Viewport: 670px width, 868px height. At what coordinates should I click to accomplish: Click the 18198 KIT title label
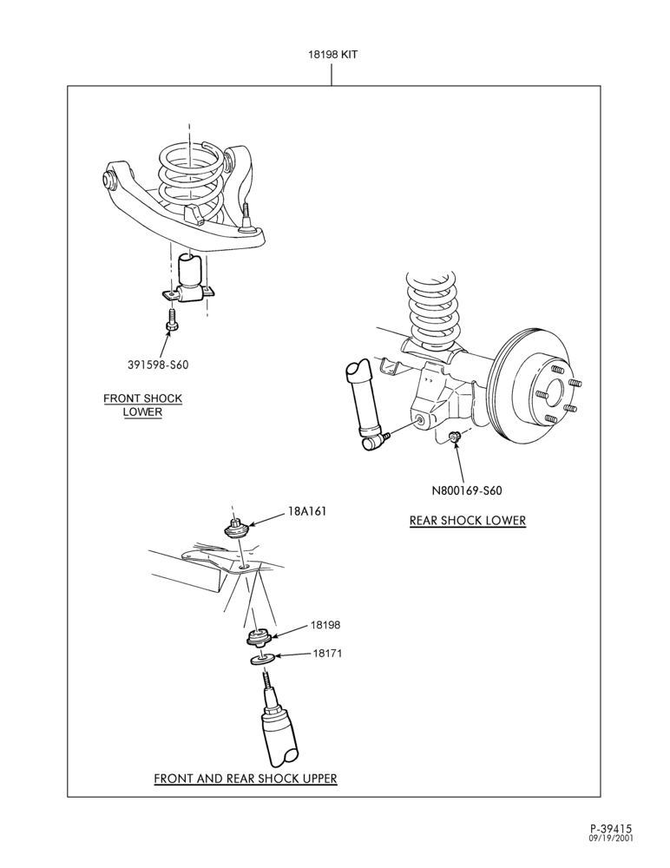pos(332,54)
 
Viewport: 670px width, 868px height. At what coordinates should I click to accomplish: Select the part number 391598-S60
pos(158,365)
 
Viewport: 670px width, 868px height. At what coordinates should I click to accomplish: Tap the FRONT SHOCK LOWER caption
pos(143,405)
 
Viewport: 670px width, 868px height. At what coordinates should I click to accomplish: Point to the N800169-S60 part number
pos(467,490)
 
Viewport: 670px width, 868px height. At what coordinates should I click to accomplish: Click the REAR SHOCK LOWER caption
pos(468,520)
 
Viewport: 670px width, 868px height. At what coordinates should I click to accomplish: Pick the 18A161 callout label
pos(306,511)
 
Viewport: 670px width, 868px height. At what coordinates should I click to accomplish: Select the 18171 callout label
pos(327,654)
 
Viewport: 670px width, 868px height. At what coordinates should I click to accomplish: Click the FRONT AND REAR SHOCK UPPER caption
pos(246,778)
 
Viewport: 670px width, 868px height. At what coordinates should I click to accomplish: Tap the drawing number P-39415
pos(611,829)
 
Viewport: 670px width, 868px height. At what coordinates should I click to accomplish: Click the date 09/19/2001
pos(611,838)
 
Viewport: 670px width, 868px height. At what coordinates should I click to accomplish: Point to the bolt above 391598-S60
pos(171,320)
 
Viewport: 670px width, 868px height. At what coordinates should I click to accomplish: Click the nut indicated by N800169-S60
pos(455,437)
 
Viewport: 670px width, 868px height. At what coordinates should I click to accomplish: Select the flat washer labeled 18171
pos(261,660)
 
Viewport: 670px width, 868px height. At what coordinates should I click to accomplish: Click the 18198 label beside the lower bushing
pos(325,624)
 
